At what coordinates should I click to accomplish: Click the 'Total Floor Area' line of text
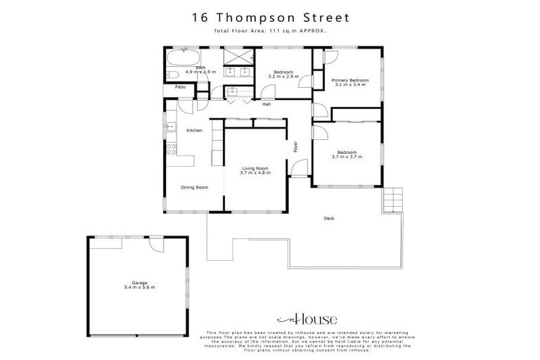[x=270, y=31]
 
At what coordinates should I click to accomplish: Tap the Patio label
[x=181, y=87]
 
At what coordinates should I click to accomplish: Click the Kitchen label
[x=194, y=131]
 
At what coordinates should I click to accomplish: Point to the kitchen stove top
[x=170, y=148]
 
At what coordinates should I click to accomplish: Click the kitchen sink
[x=170, y=127]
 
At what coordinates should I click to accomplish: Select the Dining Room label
[x=194, y=187]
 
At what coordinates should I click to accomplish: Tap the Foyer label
[x=296, y=148]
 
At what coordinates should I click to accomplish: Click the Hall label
[x=266, y=105]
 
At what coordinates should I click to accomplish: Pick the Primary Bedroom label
[x=350, y=81]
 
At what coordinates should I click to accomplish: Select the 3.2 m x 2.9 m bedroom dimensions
[x=284, y=76]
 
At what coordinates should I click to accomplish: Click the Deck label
[x=328, y=219]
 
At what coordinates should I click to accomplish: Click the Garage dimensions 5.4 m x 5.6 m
[x=139, y=288]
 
